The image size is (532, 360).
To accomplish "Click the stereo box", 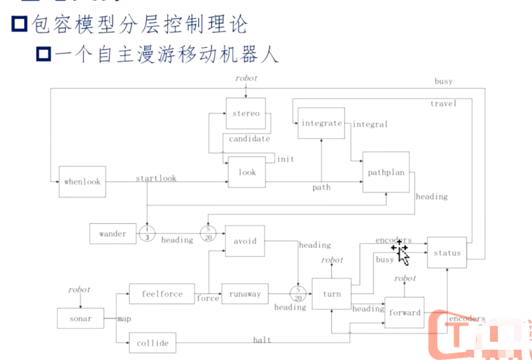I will (246, 113).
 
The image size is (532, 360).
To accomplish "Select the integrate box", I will (321, 123).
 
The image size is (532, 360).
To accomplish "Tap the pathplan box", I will (386, 172).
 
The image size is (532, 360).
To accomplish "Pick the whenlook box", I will (82, 182).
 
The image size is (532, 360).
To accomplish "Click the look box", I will (247, 172).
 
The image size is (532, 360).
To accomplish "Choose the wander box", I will (113, 234).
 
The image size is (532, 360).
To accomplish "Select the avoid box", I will (245, 241).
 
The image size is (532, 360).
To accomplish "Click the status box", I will (447, 253).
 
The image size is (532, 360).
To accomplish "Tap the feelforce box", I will (162, 294).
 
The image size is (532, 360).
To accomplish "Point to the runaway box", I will (245, 294).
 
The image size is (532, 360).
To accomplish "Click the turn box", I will (331, 294).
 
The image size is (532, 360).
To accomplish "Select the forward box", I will (404, 312).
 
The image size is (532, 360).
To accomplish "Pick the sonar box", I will (80, 318).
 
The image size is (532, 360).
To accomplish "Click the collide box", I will (152, 343).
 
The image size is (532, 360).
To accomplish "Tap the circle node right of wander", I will (147, 234).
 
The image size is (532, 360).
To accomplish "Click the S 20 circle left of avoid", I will (208, 234).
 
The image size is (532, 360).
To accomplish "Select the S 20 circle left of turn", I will (298, 294).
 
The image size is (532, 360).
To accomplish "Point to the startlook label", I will (156, 178).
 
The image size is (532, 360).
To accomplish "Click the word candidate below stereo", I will (249, 139).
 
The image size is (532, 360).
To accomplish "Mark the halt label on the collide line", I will (262, 340).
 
